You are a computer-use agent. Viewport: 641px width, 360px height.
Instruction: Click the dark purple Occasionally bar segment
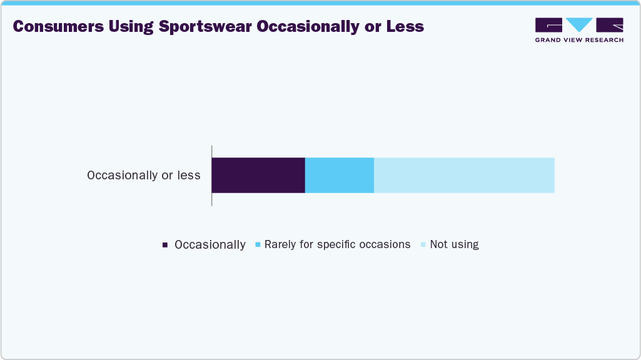258,175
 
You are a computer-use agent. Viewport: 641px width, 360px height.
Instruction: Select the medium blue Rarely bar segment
339,175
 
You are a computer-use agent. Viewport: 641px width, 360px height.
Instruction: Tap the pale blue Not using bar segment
464,175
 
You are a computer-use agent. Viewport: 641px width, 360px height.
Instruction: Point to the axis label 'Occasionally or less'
144,175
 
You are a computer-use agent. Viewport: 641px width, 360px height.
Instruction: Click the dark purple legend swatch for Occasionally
165,245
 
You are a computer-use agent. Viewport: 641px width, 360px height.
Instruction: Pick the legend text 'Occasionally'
210,245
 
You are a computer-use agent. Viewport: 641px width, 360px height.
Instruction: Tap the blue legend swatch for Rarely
258,245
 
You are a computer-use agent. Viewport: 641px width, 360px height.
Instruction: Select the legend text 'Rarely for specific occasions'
337,244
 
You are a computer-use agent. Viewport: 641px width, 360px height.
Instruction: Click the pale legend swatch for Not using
423,245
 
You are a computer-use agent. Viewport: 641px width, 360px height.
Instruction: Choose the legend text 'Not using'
455,244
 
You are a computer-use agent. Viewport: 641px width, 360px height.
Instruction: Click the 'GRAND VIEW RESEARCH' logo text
579,40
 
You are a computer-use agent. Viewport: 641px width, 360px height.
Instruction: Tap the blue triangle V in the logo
579,24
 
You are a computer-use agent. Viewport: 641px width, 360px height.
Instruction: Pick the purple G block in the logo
548,25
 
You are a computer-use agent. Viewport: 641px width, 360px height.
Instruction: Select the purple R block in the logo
610,25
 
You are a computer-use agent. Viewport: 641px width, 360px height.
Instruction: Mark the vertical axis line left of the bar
212,175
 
